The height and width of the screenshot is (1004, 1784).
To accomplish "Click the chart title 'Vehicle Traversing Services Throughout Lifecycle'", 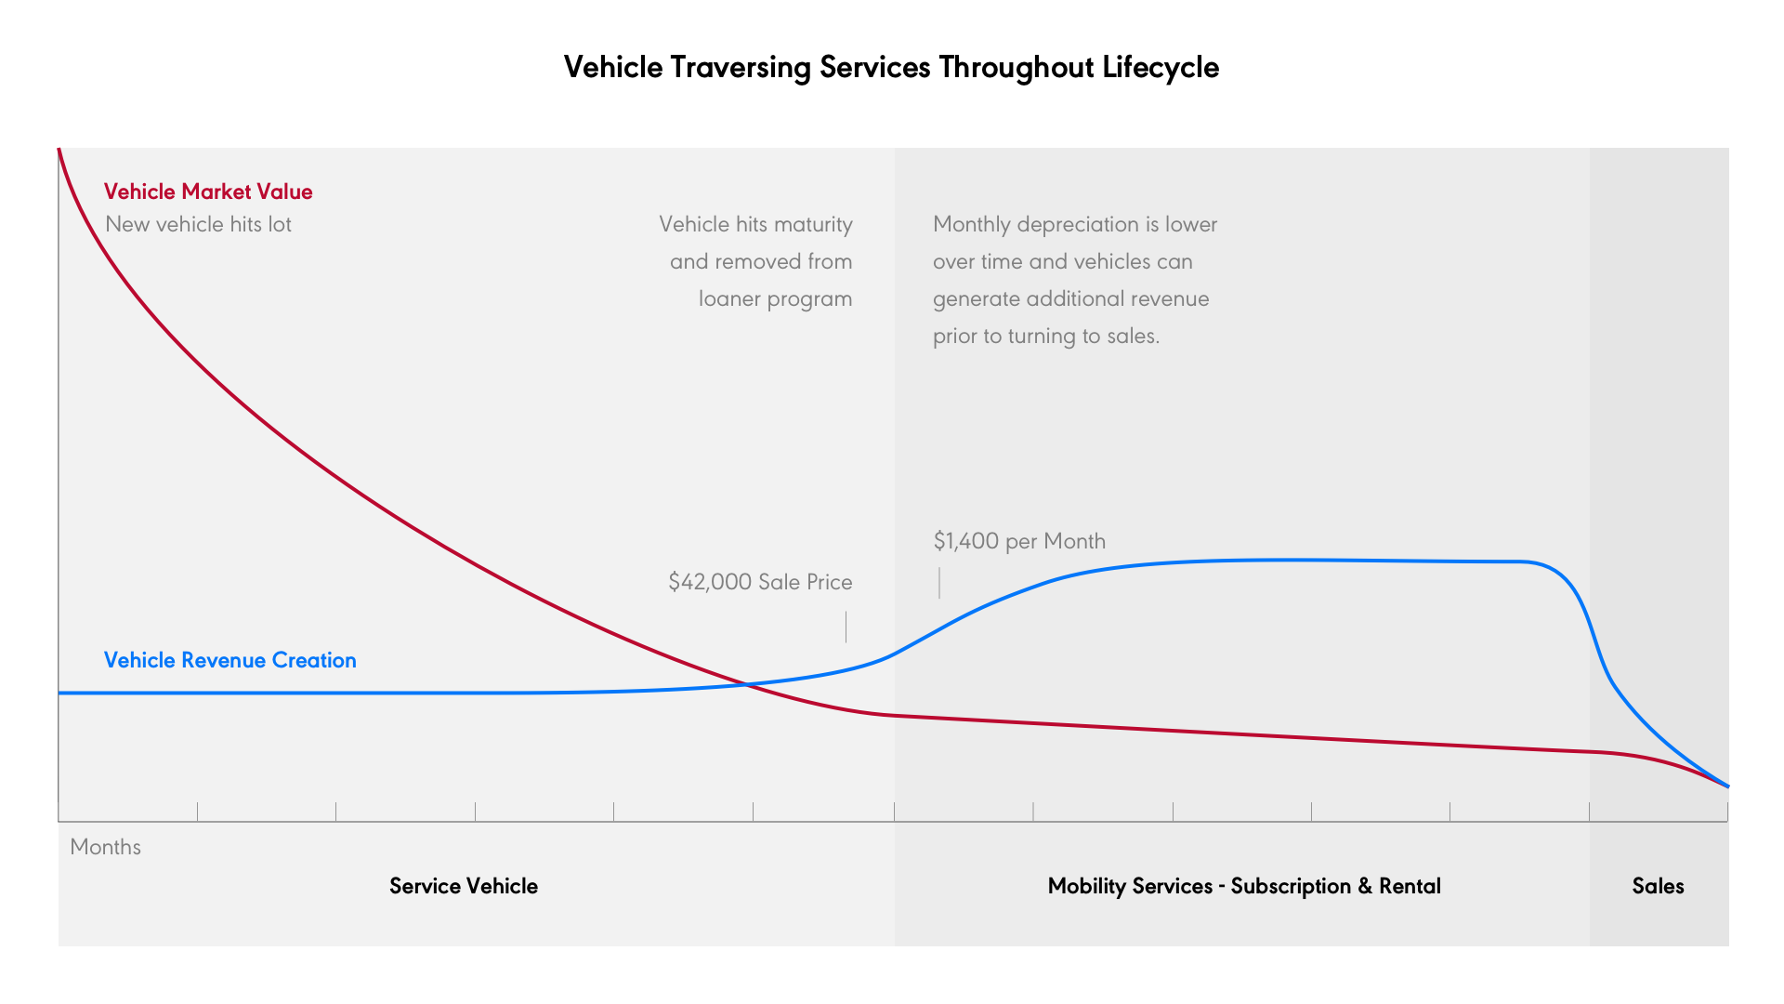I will [x=891, y=68].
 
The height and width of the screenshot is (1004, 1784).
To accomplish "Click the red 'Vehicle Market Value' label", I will [x=208, y=192].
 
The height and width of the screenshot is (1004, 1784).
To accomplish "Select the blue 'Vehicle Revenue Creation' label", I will [x=230, y=660].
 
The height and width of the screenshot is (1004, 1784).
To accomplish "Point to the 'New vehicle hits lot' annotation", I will [x=198, y=224].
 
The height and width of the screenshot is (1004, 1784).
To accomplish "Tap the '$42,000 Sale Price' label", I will [x=760, y=582].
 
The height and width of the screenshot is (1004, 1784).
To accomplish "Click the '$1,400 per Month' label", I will [x=1019, y=541].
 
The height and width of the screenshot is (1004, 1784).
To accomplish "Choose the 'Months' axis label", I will [x=105, y=847].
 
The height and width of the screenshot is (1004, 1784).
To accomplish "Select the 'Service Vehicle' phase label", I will [x=463, y=886].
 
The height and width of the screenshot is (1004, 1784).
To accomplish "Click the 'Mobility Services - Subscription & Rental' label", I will [x=1244, y=886].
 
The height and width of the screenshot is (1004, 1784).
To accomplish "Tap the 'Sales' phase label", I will [x=1658, y=886].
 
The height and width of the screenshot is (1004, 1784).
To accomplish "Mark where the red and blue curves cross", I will [x=746, y=685].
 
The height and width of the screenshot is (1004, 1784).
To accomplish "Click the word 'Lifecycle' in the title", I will [x=1161, y=68].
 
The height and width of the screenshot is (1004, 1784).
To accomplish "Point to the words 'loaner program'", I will [x=775, y=298].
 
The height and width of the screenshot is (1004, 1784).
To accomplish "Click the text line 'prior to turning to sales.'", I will [x=1046, y=336].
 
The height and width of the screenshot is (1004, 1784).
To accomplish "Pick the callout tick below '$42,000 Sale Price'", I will [x=846, y=627].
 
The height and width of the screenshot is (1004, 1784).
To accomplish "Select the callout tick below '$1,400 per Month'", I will [x=939, y=583].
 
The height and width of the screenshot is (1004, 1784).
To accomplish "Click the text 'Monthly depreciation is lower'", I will [x=1075, y=224].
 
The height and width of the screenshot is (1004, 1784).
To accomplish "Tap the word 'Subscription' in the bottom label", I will [x=1291, y=886].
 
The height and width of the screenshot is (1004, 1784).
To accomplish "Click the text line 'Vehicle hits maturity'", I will [x=755, y=224].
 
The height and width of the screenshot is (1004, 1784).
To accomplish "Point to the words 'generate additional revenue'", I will [x=1070, y=298].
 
